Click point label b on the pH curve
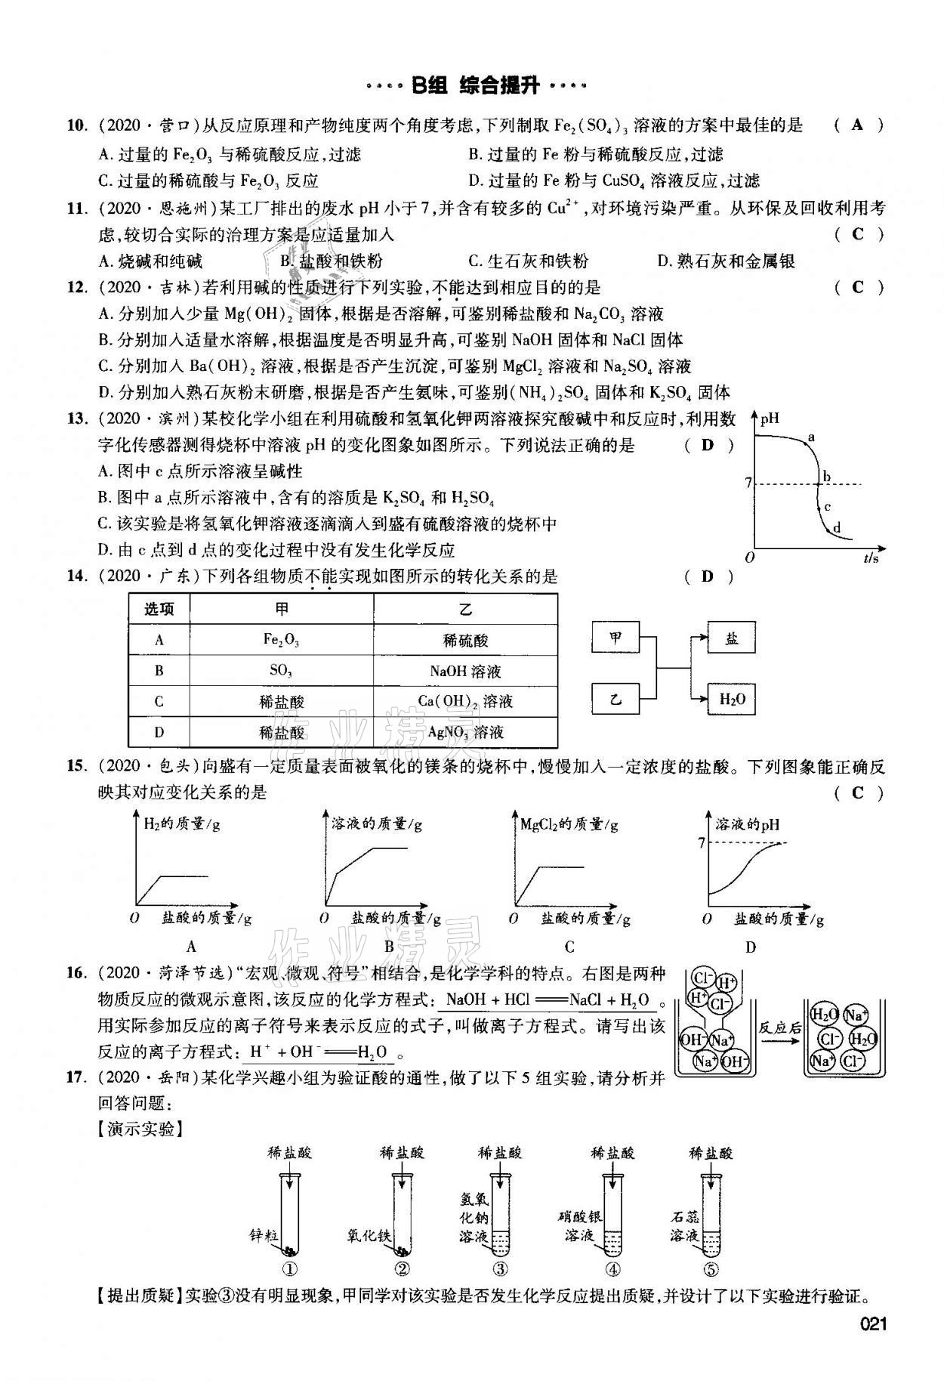tap(827, 477)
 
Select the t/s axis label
tap(872, 558)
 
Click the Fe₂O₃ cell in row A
tap(281, 640)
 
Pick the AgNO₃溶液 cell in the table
tap(465, 732)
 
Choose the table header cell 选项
tap(159, 610)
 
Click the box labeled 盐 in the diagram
tap(731, 639)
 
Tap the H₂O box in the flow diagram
tap(731, 699)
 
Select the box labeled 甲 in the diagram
tap(615, 639)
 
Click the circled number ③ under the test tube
tap(500, 1269)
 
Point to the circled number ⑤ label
tap(710, 1269)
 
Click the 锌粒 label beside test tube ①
tap(264, 1235)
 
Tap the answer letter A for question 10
tap(856, 125)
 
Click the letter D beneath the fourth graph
tap(750, 947)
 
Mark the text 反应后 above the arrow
tap(779, 1027)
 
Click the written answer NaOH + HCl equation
tap(548, 1000)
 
